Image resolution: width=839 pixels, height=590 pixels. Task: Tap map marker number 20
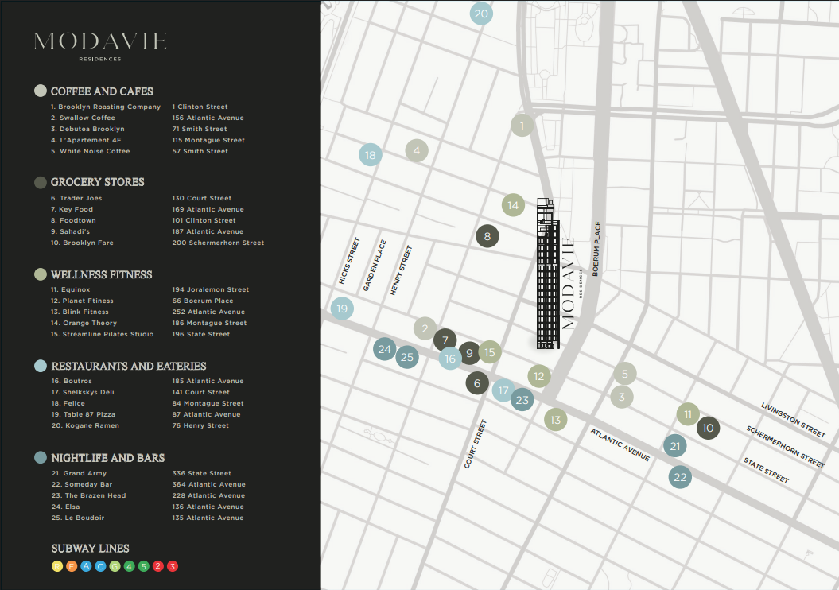click(x=481, y=14)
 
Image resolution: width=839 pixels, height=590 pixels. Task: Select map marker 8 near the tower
click(x=487, y=236)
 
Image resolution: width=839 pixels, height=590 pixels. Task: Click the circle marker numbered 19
click(x=342, y=309)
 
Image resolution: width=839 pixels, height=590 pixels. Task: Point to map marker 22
click(x=680, y=477)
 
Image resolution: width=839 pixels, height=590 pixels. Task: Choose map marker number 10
click(x=708, y=429)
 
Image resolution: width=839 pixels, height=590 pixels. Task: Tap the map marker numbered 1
click(x=522, y=126)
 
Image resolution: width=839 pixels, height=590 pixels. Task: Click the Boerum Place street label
click(x=596, y=248)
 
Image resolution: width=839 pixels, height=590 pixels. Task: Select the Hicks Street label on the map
click(x=349, y=261)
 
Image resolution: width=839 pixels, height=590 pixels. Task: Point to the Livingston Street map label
click(x=793, y=418)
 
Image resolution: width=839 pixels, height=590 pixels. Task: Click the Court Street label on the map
click(x=475, y=444)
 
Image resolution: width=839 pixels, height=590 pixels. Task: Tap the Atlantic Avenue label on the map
click(x=620, y=444)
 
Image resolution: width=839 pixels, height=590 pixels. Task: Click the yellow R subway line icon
click(x=56, y=566)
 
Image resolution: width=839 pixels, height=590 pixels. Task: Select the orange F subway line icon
click(x=71, y=566)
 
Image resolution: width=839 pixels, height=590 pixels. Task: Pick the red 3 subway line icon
click(x=173, y=566)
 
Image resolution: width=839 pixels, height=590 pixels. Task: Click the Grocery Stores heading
click(x=97, y=182)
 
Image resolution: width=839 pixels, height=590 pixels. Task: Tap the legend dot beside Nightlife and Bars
click(x=41, y=458)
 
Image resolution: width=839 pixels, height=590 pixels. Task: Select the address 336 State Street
click(x=201, y=473)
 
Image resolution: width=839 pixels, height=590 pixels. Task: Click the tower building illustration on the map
click(x=547, y=274)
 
